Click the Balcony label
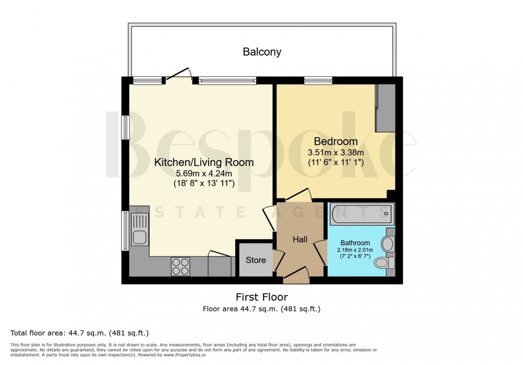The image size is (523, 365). tap(262, 52)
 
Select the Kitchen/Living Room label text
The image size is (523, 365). tap(204, 163)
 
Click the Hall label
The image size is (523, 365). tap(300, 239)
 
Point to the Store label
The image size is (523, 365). tap(255, 260)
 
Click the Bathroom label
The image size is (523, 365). tap(355, 243)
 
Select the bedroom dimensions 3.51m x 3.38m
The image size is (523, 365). tap(335, 152)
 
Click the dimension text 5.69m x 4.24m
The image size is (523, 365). tap(204, 174)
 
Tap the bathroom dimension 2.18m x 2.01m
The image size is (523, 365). tap(355, 249)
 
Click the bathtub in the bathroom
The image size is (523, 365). tap(362, 212)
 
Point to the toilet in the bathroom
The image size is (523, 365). tap(384, 263)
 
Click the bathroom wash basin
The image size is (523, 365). tap(388, 244)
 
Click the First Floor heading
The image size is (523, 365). tap(261, 297)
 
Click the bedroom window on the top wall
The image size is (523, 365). tap(318, 80)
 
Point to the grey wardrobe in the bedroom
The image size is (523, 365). tap(385, 108)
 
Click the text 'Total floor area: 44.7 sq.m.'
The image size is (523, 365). tap(79, 333)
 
